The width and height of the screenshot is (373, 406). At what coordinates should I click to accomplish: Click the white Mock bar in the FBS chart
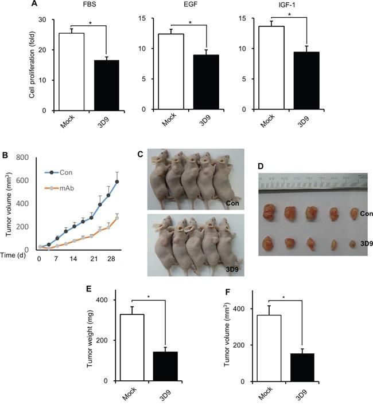[68, 72]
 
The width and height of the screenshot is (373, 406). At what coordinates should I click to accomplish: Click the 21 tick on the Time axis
[92, 259]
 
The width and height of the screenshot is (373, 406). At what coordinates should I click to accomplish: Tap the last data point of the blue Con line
[117, 182]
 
